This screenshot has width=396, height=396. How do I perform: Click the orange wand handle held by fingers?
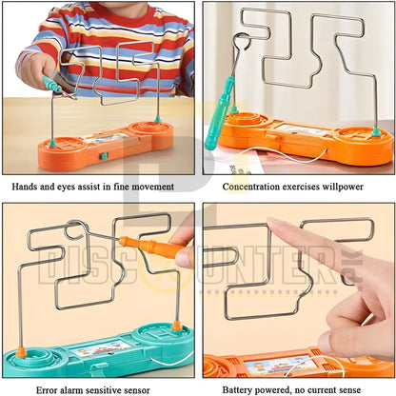152,247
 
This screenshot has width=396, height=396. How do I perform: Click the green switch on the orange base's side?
104,156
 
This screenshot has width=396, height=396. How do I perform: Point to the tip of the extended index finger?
271,221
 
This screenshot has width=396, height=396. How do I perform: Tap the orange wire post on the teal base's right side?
176,326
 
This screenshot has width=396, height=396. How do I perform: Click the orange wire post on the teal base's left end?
21,352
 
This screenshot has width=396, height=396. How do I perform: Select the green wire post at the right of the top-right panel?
376,131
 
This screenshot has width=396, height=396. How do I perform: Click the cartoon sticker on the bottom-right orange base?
280,365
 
